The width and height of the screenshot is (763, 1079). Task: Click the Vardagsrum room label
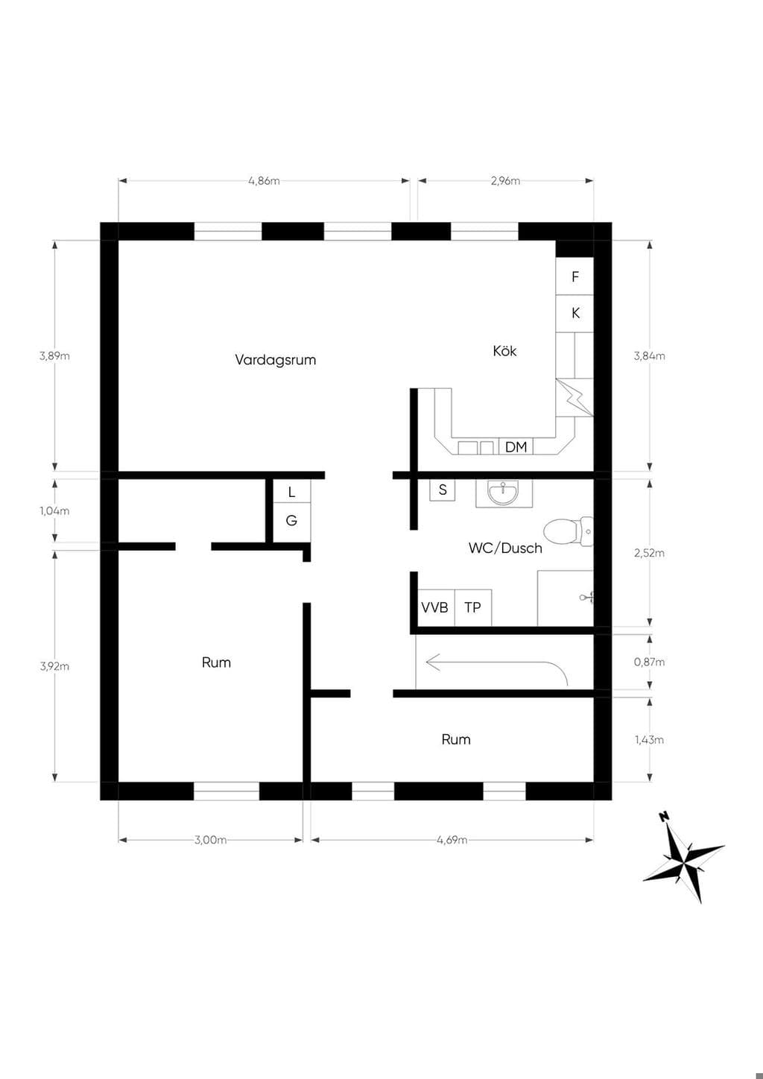click(276, 360)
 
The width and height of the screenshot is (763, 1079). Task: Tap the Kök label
click(504, 351)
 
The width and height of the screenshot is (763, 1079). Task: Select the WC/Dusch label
click(505, 548)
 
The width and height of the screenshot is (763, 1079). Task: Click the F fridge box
click(574, 276)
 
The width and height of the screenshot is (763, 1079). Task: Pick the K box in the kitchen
click(574, 314)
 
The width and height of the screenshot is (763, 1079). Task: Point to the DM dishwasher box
click(516, 447)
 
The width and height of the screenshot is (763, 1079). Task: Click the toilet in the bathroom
click(569, 532)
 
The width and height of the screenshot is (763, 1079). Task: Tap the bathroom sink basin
click(504, 493)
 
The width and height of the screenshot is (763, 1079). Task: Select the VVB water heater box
click(435, 607)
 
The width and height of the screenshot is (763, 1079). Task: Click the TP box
click(472, 607)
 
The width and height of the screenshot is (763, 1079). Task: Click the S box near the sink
click(443, 490)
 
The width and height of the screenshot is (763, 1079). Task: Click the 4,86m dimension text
click(264, 181)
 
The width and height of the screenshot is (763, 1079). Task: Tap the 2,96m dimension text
click(505, 181)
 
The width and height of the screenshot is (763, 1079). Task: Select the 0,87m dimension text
click(649, 662)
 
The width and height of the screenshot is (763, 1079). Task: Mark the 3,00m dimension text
click(211, 840)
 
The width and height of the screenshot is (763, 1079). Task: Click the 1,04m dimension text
click(54, 510)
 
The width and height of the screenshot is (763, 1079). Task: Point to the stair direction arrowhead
click(433, 662)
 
